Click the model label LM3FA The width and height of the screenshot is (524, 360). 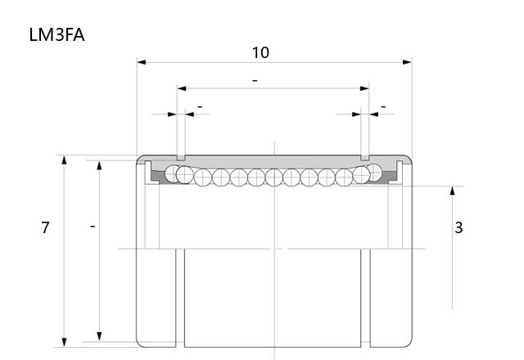[56, 34]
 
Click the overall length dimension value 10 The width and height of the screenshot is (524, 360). [260, 52]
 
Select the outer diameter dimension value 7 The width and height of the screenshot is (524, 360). [46, 227]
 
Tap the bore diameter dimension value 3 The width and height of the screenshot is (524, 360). [458, 227]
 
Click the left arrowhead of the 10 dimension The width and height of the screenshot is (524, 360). [142, 62]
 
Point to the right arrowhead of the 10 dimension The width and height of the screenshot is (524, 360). [408, 62]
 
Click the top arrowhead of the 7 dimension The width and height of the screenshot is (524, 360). [64, 160]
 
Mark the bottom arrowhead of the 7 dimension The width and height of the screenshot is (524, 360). [64, 342]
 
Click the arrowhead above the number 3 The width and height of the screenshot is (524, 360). [453, 191]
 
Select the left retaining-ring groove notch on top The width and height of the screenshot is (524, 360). [181, 158]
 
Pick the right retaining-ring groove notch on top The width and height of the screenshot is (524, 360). [365, 158]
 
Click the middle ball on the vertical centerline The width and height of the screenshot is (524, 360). [274, 178]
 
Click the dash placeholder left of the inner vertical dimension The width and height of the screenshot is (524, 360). [93, 227]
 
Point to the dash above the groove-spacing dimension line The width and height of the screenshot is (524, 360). [255, 81]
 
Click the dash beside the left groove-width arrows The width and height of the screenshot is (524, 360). [200, 107]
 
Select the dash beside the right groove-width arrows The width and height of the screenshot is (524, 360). [383, 107]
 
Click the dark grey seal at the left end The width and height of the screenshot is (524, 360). [158, 177]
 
